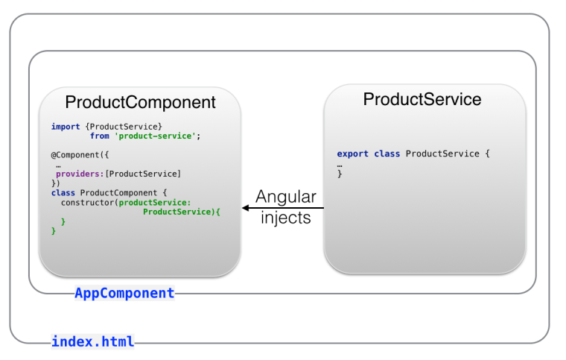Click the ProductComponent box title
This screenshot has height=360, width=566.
140,103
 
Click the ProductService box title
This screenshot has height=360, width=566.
422,99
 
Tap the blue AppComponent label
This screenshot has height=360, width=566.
124,294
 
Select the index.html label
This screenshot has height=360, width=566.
92,342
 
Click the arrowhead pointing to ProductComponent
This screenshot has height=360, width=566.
246,209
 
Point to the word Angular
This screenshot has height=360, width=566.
286,198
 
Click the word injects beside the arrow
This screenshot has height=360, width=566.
286,218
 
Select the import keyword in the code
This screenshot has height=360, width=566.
66,127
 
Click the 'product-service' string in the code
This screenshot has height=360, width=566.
157,136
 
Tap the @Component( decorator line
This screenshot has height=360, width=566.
80,155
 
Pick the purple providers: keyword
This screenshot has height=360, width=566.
80,174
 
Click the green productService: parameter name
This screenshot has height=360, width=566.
155,202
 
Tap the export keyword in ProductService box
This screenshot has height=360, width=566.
352,154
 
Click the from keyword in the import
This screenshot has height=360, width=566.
100,136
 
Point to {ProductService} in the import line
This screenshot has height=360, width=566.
124,127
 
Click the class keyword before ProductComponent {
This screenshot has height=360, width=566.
63,193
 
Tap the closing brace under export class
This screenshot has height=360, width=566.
340,174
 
